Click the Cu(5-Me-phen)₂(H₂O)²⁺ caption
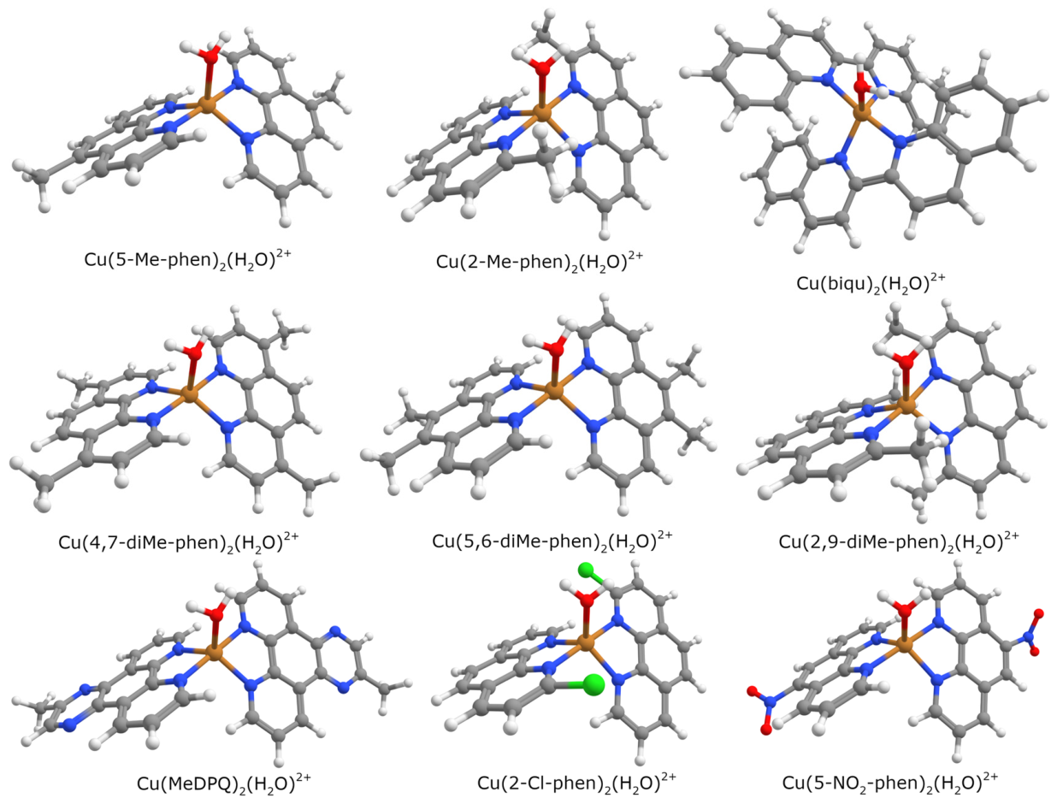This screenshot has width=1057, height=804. click(188, 259)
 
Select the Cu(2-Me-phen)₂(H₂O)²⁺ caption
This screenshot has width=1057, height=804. click(540, 261)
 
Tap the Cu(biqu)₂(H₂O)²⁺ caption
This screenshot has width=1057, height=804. click(871, 282)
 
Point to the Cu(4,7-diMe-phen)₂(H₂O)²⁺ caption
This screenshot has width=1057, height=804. click(179, 541)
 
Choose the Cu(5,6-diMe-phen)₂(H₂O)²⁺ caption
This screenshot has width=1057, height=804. click(552, 541)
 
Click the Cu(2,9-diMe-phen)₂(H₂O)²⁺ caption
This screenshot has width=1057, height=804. click(899, 541)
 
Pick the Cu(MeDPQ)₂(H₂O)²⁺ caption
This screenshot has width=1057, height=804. click(224, 783)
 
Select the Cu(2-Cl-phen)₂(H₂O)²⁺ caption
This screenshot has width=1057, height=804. click(576, 783)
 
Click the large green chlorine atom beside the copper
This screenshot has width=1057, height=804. click(593, 684)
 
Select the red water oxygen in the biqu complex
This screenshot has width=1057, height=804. click(861, 87)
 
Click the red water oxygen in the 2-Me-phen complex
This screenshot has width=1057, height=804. click(543, 68)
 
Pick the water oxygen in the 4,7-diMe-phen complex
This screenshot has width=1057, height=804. click(194, 353)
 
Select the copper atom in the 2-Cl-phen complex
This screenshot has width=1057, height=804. click(585, 642)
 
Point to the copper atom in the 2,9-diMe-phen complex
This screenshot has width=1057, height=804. click(907, 407)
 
